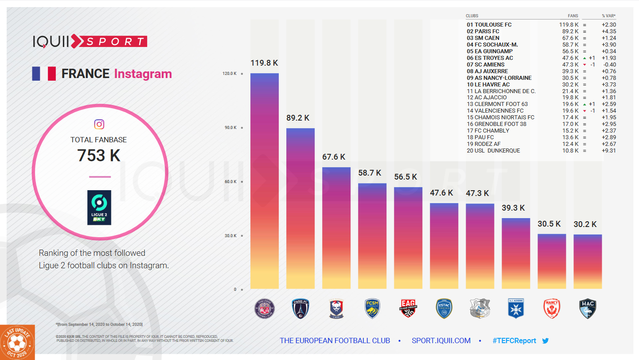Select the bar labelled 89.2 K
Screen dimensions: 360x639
(x=300, y=208)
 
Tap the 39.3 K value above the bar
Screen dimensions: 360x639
(x=513, y=208)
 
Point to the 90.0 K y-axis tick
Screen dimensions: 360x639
(x=230, y=128)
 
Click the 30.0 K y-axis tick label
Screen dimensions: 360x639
(x=230, y=236)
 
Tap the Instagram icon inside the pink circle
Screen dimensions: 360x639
(x=99, y=125)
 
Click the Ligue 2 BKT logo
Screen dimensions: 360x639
(x=99, y=207)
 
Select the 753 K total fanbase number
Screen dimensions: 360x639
(x=99, y=156)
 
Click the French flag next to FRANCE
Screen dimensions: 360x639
(x=44, y=74)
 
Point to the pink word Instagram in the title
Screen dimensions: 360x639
(x=143, y=74)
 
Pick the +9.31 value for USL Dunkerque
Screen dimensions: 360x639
(x=608, y=151)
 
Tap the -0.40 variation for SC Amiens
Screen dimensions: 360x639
(x=609, y=65)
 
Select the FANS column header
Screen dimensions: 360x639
(x=573, y=16)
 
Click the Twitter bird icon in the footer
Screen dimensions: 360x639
(x=545, y=341)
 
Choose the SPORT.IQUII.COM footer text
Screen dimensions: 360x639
(x=441, y=341)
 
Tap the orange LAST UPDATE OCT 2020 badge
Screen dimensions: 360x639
(x=17, y=342)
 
